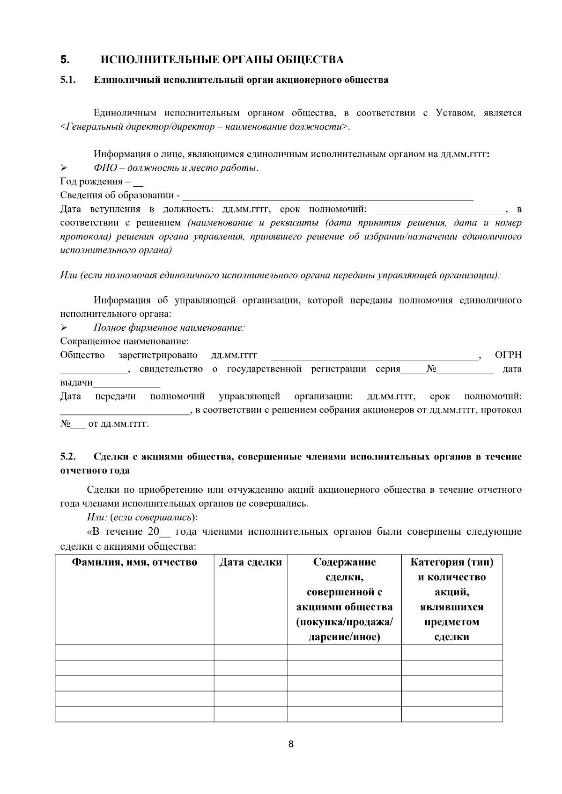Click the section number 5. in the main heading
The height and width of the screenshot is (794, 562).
[65, 60]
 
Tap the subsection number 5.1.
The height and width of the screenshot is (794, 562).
[68, 80]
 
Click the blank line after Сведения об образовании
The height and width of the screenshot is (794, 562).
[328, 196]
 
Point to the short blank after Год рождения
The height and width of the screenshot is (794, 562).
[139, 182]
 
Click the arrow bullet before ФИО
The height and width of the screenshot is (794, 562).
[64, 168]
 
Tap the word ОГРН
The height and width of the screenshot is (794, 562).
[508, 356]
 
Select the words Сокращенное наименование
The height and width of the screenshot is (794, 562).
[124, 342]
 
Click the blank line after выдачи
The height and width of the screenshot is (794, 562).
[126, 384]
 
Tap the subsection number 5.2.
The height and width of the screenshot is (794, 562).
[68, 457]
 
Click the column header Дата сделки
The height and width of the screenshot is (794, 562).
[251, 562]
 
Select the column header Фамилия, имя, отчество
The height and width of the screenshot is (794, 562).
[134, 562]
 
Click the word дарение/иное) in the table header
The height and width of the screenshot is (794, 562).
[344, 637]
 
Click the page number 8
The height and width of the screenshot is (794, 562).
[291, 745]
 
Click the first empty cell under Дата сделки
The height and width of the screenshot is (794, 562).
[251, 653]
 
